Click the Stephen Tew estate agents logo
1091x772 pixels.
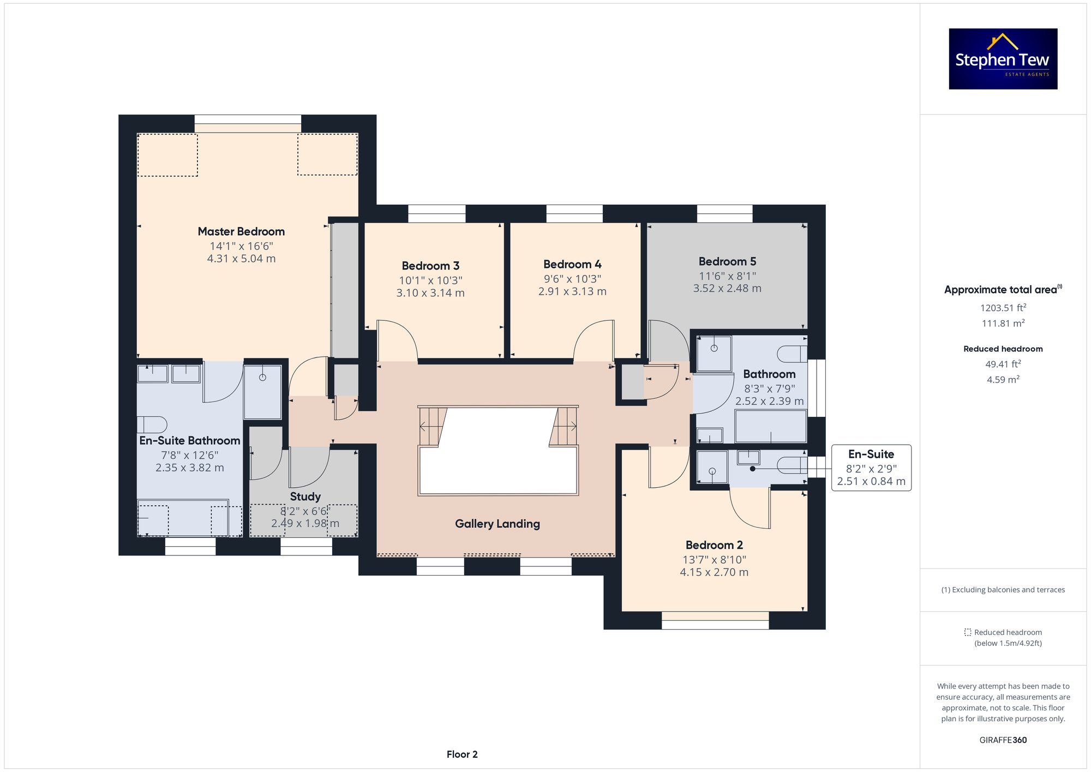click(x=1003, y=59)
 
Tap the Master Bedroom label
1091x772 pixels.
click(x=241, y=231)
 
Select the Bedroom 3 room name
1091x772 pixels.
click(x=430, y=266)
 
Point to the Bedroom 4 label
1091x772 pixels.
click(x=572, y=264)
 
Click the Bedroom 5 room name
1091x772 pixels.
click(x=727, y=261)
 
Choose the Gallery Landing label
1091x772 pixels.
click(x=497, y=524)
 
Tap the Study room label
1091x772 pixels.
click(x=305, y=496)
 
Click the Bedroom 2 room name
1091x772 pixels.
click(x=714, y=545)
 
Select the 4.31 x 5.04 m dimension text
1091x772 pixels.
click(x=241, y=259)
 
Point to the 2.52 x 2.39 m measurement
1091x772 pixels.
click(x=769, y=401)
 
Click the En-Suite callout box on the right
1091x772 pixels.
click(x=871, y=468)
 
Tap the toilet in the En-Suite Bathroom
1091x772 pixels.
click(x=152, y=424)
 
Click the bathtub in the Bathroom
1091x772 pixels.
click(x=770, y=426)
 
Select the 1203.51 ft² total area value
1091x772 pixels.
click(x=1003, y=308)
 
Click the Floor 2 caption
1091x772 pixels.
click(x=462, y=755)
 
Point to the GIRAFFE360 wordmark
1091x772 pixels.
click(x=1003, y=740)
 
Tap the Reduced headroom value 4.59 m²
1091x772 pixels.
click(x=1003, y=379)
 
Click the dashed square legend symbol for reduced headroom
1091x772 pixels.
click(x=968, y=632)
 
